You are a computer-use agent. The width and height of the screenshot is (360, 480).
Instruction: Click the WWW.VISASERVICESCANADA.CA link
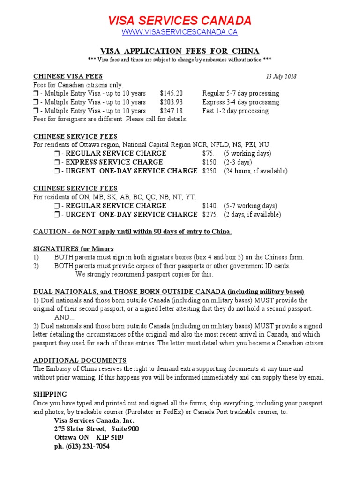(x=180, y=32)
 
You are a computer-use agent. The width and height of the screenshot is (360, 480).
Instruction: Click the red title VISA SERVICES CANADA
(x=180, y=21)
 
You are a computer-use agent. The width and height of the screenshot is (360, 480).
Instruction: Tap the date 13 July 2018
(x=281, y=76)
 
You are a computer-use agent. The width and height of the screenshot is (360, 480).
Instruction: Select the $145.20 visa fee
(x=172, y=93)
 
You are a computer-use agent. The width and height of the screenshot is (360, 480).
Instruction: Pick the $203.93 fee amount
(x=172, y=102)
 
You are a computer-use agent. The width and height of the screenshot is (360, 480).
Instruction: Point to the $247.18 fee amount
(x=172, y=111)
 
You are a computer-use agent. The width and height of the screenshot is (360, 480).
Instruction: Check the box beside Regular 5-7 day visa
(x=36, y=94)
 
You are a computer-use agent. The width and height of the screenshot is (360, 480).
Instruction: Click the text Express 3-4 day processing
(x=240, y=102)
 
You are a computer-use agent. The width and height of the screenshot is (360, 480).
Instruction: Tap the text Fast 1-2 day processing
(x=235, y=111)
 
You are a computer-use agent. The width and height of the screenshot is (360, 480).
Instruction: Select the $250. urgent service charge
(x=210, y=171)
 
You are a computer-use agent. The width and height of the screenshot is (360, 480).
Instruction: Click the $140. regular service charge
(x=210, y=206)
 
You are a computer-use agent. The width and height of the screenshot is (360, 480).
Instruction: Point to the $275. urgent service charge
(x=210, y=215)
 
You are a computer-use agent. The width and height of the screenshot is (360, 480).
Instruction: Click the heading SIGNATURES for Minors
(x=73, y=248)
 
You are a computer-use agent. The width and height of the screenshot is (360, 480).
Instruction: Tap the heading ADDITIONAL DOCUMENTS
(x=79, y=360)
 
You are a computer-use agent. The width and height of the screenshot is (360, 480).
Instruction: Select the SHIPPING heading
(x=50, y=394)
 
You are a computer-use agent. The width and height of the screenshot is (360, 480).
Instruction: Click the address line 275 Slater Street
(x=79, y=429)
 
